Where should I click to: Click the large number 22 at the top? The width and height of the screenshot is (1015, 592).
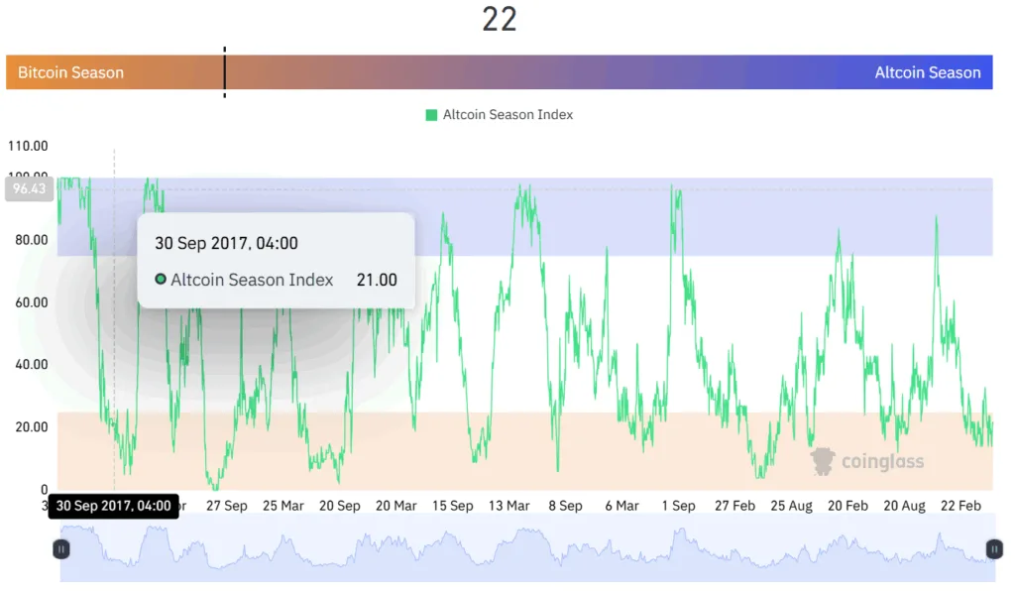click(500, 19)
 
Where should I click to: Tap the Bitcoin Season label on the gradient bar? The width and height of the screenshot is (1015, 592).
click(70, 72)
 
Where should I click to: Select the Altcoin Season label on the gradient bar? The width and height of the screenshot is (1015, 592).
click(927, 72)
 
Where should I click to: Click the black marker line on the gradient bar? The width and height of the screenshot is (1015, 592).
click(224, 72)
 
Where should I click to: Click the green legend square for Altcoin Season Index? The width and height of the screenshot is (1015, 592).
click(431, 115)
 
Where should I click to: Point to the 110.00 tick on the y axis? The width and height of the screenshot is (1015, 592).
click(28, 146)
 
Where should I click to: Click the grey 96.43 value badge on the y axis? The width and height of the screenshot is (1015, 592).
click(29, 188)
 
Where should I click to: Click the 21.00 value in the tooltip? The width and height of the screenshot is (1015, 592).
click(377, 280)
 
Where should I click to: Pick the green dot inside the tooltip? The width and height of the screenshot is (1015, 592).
click(161, 280)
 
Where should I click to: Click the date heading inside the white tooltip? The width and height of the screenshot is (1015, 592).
click(226, 243)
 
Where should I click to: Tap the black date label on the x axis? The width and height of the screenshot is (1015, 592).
click(114, 506)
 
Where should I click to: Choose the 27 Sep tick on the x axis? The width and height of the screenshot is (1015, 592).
click(227, 506)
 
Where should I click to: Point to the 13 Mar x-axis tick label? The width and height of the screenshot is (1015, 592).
click(509, 506)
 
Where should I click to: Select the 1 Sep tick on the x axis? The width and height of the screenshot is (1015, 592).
click(679, 506)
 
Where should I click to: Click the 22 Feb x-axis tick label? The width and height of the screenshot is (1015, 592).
click(960, 506)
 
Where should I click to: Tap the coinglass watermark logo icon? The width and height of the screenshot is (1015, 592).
click(823, 461)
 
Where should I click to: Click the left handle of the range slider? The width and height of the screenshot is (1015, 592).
click(61, 548)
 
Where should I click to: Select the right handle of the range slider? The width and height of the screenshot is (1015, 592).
click(994, 548)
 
